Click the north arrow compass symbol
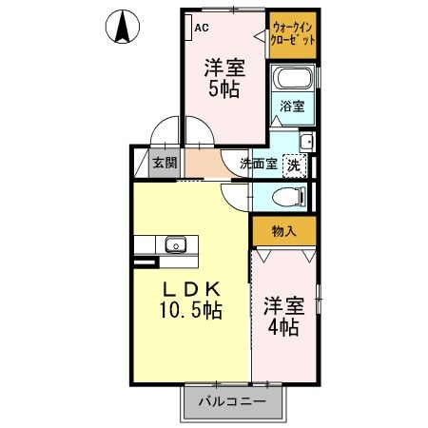[x=121, y=26]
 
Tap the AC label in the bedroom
[x=203, y=28]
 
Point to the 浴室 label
[x=292, y=107]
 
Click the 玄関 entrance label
[x=165, y=163]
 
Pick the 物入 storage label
[x=284, y=231]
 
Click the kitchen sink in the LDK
[x=176, y=246]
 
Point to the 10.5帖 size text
[x=190, y=310]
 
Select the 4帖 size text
[x=282, y=326]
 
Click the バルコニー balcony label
[x=231, y=401]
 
